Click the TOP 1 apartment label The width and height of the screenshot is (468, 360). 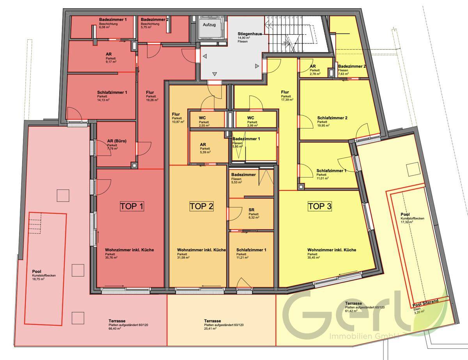131,206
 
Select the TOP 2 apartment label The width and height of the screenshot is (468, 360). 201,206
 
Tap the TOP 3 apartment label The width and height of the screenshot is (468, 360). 319,206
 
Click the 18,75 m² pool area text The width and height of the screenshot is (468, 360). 39,280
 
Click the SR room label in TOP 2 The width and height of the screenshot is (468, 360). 251,210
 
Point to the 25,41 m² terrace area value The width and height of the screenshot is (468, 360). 211,329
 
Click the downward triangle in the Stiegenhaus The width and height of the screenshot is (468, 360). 214,74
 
